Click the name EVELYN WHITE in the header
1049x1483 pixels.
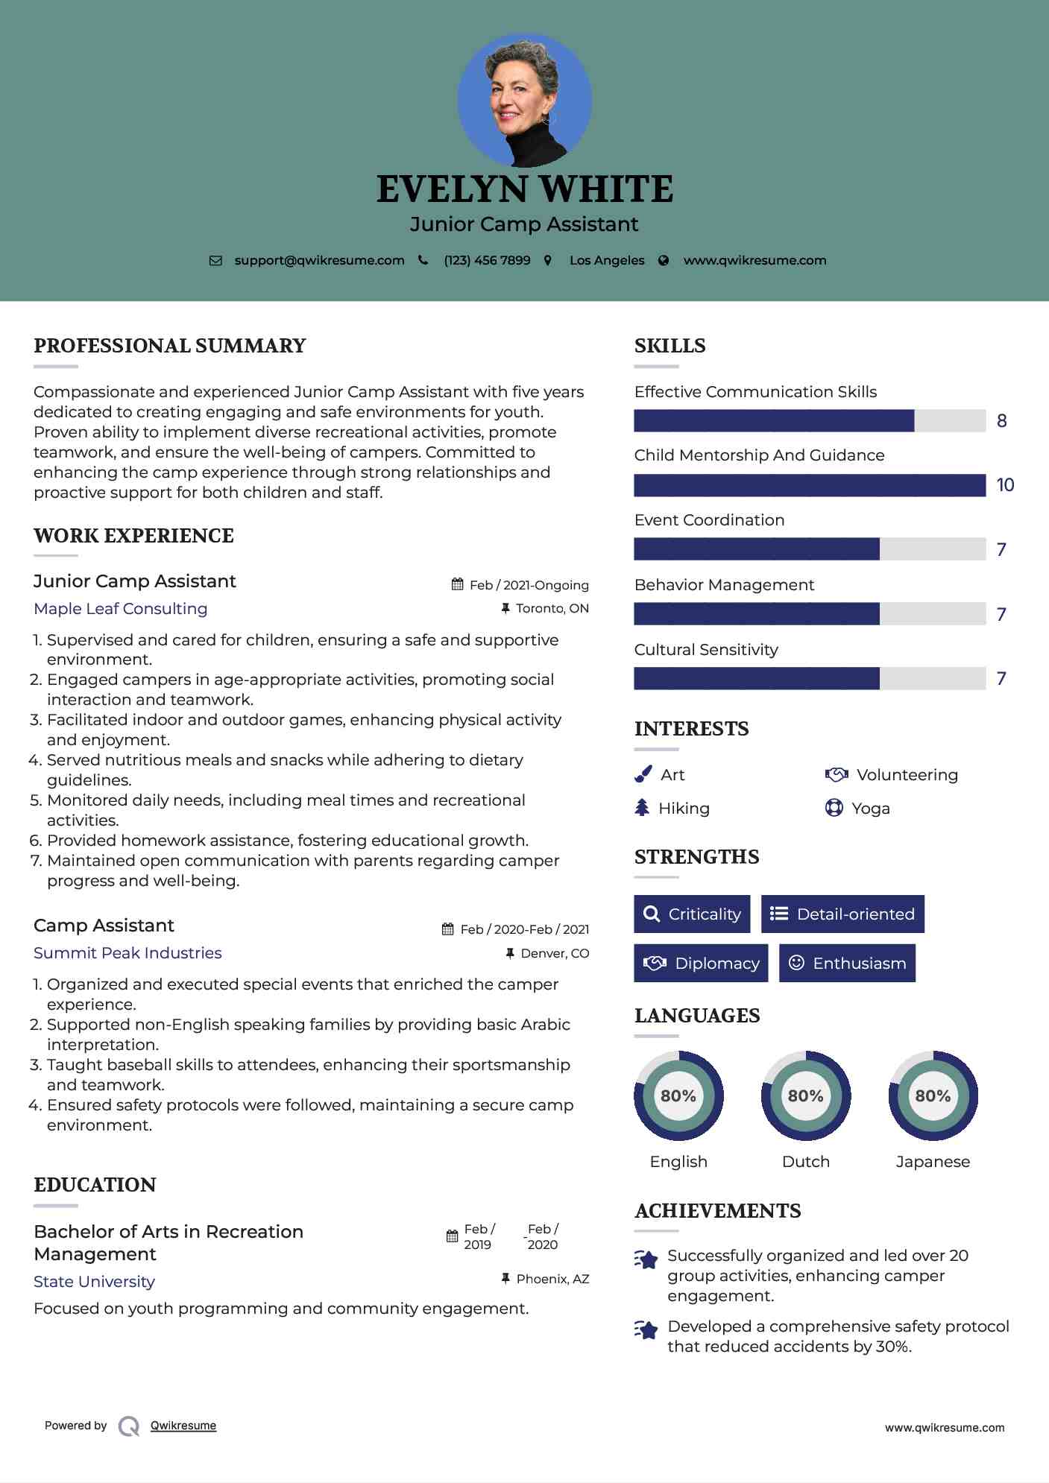(x=524, y=189)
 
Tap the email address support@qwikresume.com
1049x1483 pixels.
(x=319, y=260)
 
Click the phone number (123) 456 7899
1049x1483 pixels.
(x=487, y=260)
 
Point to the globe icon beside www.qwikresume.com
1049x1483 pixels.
(x=664, y=260)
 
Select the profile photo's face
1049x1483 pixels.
(x=518, y=97)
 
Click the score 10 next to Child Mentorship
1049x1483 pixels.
(x=1005, y=485)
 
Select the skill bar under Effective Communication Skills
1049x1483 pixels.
(x=809, y=421)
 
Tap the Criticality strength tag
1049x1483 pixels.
(x=692, y=914)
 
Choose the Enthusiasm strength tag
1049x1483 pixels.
(x=847, y=963)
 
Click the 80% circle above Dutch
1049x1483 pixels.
(x=805, y=1095)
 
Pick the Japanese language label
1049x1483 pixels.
(x=933, y=1161)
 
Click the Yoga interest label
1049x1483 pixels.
(x=871, y=809)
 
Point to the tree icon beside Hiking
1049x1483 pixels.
(x=642, y=808)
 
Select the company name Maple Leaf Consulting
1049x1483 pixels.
(x=121, y=609)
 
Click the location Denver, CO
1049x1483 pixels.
(x=555, y=953)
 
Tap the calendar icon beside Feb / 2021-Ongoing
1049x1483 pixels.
(x=458, y=585)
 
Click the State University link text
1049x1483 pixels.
(x=95, y=1282)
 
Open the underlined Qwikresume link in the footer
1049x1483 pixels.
(x=183, y=1426)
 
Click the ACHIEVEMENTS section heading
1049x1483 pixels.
(x=717, y=1211)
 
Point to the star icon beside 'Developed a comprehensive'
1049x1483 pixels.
(x=646, y=1329)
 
